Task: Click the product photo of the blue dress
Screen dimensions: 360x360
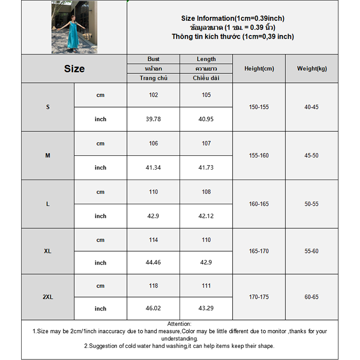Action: click(x=74, y=27)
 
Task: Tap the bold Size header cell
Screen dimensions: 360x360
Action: click(x=74, y=69)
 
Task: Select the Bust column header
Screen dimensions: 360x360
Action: click(x=153, y=59)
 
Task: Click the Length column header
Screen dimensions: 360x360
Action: click(x=206, y=59)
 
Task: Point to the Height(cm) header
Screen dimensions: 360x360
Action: click(x=259, y=69)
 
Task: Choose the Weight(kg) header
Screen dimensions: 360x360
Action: click(x=312, y=69)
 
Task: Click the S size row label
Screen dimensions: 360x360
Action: click(x=48, y=107)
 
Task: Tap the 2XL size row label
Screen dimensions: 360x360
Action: click(x=48, y=297)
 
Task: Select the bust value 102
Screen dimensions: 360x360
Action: click(x=153, y=95)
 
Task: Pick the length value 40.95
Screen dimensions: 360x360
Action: click(x=206, y=119)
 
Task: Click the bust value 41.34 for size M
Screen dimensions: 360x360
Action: click(x=153, y=167)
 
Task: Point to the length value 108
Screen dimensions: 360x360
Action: click(x=206, y=192)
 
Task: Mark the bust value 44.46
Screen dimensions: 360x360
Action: click(x=153, y=263)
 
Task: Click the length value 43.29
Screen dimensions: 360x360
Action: click(x=206, y=309)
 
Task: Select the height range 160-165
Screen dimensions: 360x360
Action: click(x=259, y=204)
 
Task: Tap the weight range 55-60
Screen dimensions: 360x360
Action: click(x=311, y=251)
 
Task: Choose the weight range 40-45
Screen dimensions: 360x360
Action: click(x=311, y=107)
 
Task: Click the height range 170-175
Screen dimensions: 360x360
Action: click(x=259, y=297)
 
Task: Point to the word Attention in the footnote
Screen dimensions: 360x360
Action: click(x=179, y=324)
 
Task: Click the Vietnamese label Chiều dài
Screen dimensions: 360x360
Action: click(x=206, y=78)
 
